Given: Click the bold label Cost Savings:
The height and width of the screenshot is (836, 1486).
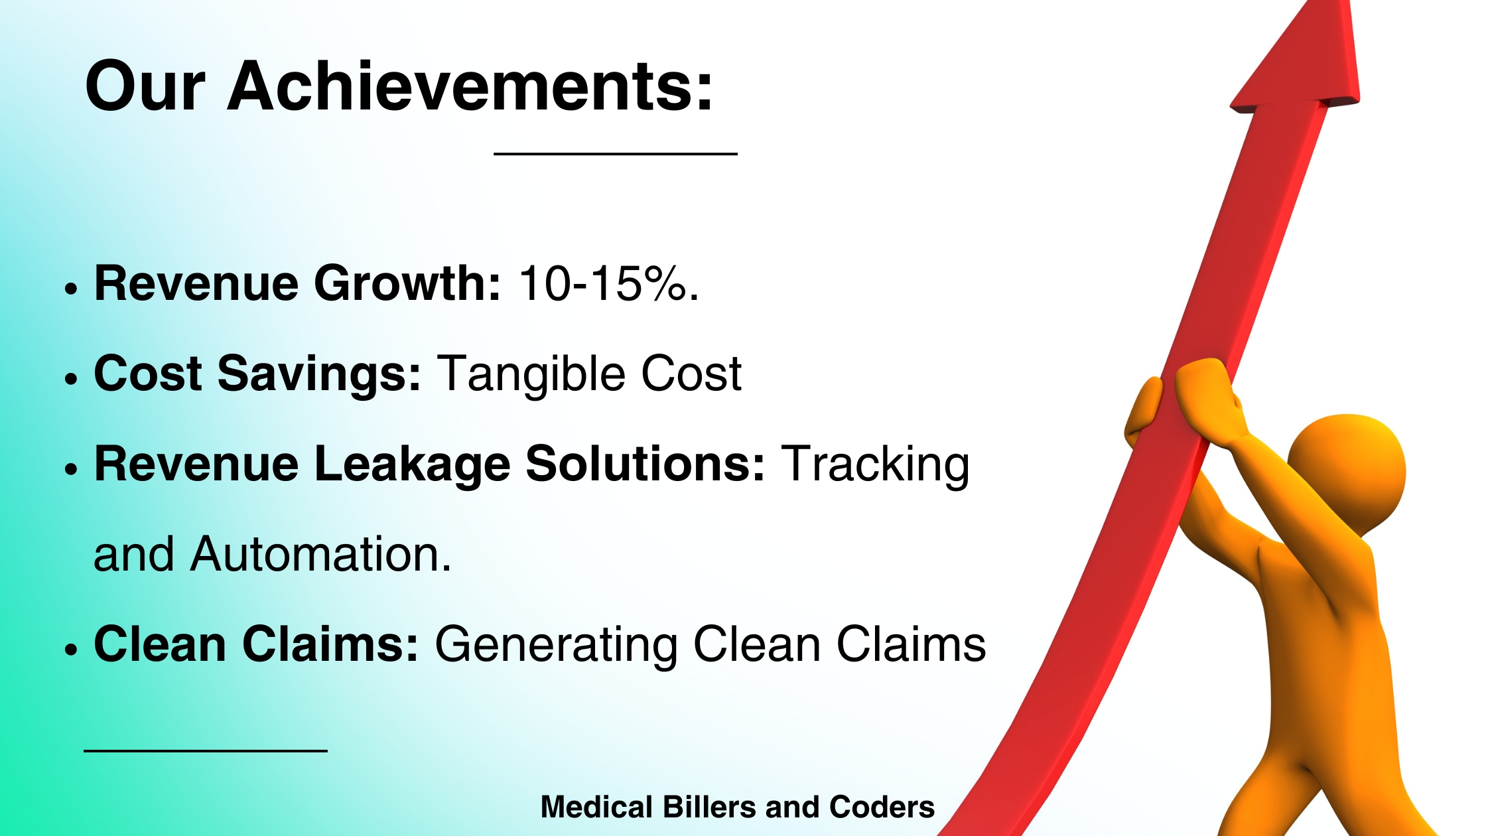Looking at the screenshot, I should click(257, 374).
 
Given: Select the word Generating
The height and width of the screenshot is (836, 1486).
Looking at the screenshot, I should click(555, 645).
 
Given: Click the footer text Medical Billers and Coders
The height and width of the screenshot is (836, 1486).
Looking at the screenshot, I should click(737, 807).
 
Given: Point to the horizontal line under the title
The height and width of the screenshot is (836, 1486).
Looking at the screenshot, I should click(615, 154).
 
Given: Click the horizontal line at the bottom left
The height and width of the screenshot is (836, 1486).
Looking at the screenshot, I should click(206, 751).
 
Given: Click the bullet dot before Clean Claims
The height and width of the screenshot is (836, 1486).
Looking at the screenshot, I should click(72, 650).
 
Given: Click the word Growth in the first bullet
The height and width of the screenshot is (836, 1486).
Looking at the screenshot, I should click(407, 284).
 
